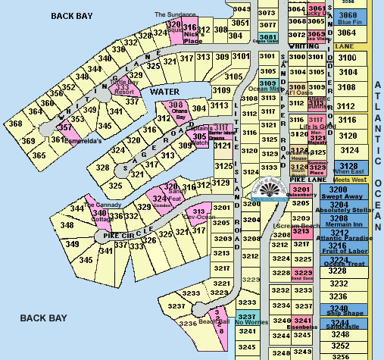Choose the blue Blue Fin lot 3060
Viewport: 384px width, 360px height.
[348, 17]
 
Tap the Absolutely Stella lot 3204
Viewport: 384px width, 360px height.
[348, 207]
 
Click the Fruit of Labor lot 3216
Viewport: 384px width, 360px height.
[348, 247]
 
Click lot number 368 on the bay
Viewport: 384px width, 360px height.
[15, 124]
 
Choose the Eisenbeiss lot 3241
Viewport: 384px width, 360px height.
[301, 322]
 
